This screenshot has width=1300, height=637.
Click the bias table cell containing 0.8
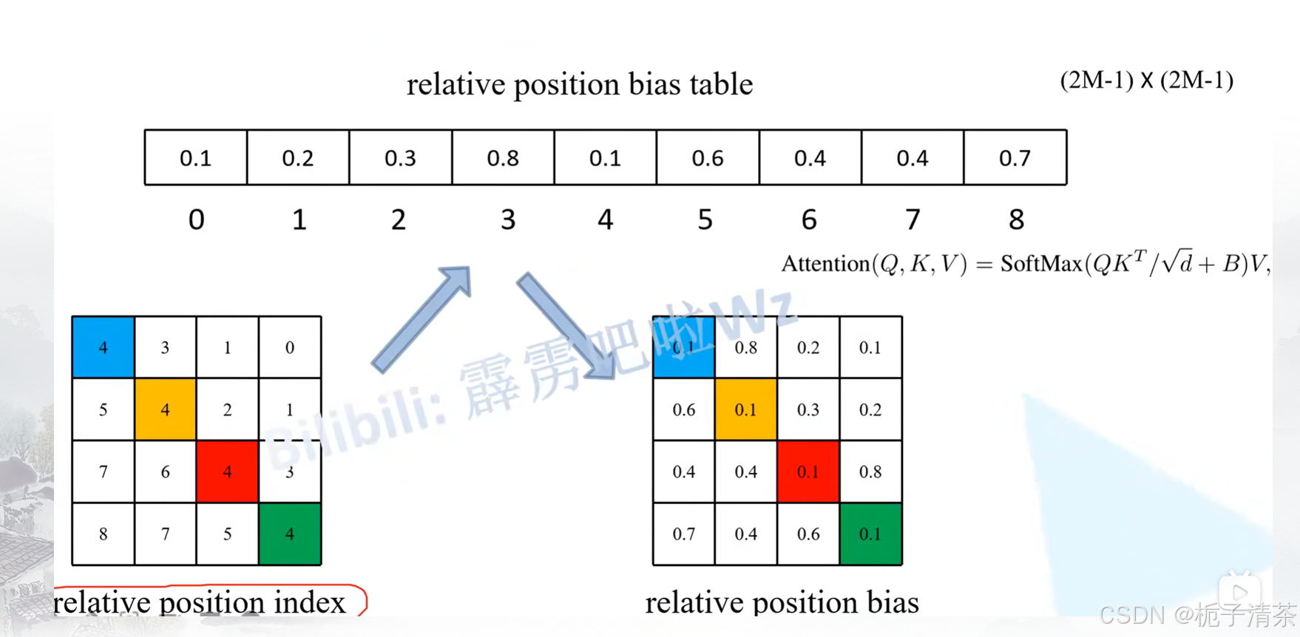point(503,157)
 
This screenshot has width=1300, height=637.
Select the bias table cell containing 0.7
point(1015,157)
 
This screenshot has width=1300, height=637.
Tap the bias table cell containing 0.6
point(708,157)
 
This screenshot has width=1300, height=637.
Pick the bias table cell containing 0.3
point(400,157)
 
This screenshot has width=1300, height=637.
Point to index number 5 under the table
point(705,219)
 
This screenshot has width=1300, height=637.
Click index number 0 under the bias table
point(196,219)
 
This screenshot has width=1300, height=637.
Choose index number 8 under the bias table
point(1016,219)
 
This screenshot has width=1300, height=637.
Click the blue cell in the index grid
point(103,347)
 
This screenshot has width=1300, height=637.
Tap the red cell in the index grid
point(227,471)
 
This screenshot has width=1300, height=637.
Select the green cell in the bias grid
point(870,534)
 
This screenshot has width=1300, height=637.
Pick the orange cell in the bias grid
point(745,409)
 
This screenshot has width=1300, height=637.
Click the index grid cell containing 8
point(103,534)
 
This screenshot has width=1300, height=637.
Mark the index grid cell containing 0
point(289,347)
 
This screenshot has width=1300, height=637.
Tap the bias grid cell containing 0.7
point(684,534)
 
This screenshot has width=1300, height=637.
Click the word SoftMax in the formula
point(1040,264)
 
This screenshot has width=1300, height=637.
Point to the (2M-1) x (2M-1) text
point(1146,81)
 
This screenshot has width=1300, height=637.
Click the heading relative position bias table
point(580,84)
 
